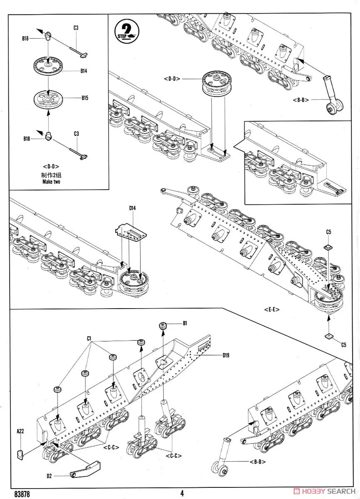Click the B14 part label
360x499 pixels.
tap(84, 71)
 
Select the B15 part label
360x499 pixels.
tap(85, 98)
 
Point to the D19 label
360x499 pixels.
tap(226, 355)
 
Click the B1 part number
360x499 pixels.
tap(185, 323)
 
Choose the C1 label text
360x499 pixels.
tap(89, 339)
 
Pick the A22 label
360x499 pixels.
tap(20, 431)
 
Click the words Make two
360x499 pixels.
tap(51, 182)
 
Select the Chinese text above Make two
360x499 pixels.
tap(51, 175)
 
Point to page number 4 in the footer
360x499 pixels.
tap(182, 493)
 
